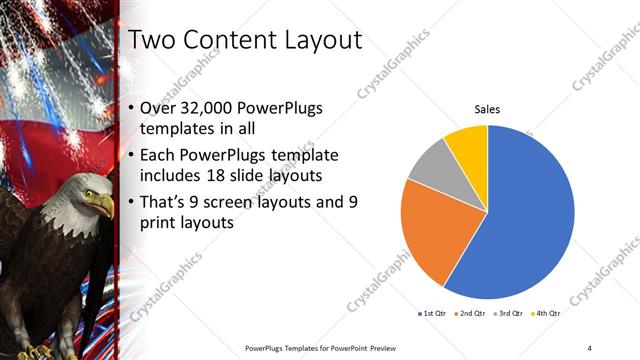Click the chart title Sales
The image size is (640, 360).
click(x=487, y=109)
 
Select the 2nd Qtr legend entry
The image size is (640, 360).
click(x=473, y=314)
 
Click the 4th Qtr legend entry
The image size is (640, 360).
click(x=545, y=314)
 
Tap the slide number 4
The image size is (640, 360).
click(x=590, y=347)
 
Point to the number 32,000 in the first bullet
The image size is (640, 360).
click(x=209, y=108)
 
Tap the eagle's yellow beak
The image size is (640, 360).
click(x=104, y=206)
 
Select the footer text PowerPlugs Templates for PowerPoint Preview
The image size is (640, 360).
click(x=314, y=347)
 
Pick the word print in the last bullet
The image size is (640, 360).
click(x=161, y=223)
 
